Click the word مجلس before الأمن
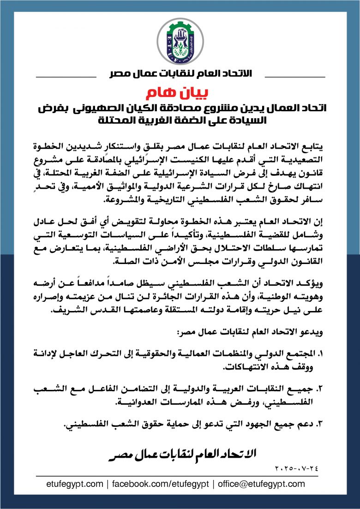tap(180, 261)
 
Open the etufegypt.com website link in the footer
tap(75, 484)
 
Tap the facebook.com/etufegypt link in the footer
tap(160, 484)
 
